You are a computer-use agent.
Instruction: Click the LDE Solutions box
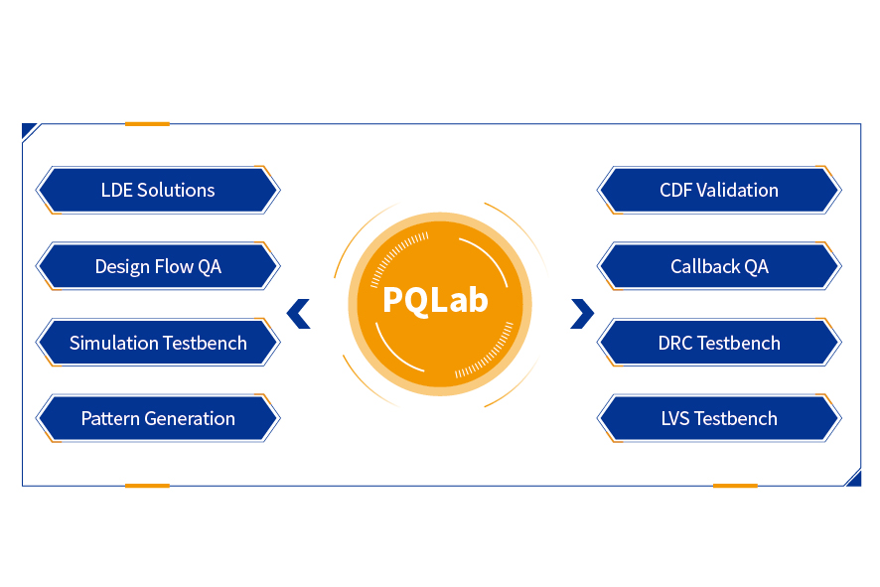(158, 190)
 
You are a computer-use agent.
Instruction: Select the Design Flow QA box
(158, 266)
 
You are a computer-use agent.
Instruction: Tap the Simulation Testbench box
(158, 343)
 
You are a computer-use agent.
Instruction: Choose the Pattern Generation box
(158, 418)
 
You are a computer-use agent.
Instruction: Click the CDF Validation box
(719, 190)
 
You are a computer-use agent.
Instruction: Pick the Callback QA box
(719, 266)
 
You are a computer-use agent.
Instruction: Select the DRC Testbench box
(719, 343)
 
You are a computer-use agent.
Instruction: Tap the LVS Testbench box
(719, 418)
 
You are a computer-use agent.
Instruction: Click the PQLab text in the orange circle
(435, 300)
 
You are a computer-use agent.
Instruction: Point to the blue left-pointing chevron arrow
(298, 314)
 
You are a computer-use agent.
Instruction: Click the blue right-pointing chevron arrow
(582, 314)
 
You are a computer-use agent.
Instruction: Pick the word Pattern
(111, 418)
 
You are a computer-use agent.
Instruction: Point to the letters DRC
(675, 343)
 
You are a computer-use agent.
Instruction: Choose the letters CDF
(676, 190)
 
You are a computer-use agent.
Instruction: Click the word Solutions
(176, 190)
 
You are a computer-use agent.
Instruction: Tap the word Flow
(175, 266)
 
